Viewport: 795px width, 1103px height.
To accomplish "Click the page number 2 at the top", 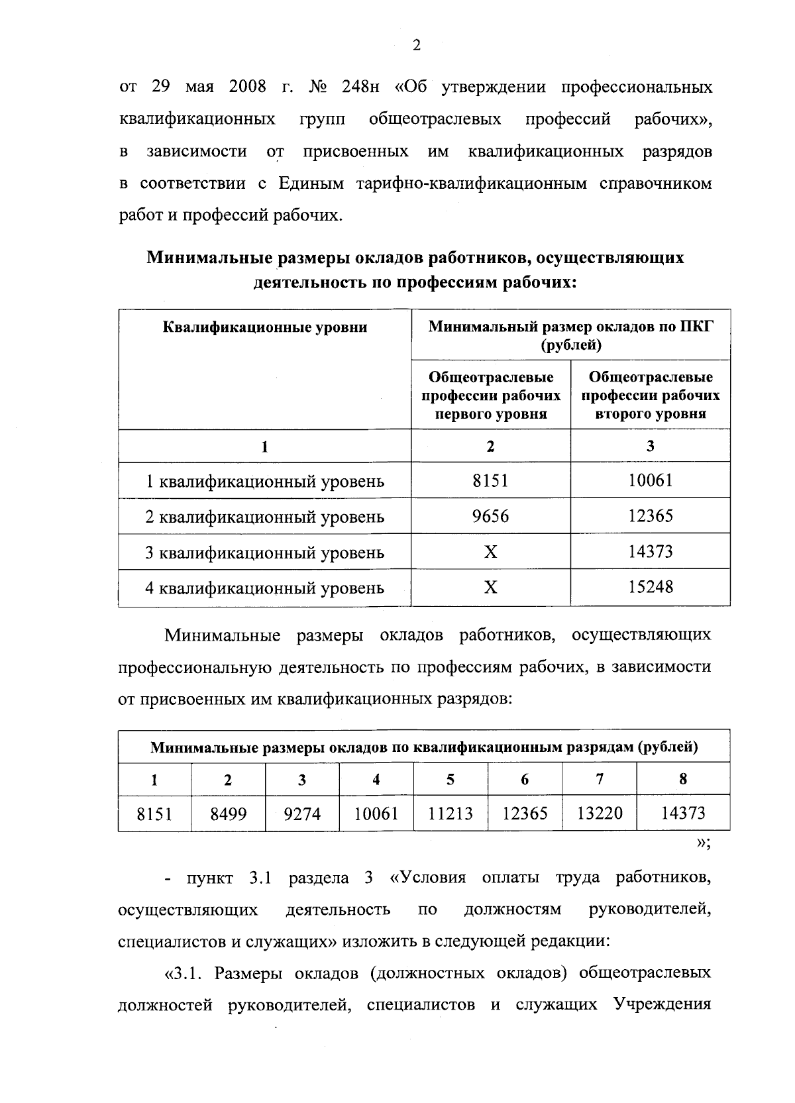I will [417, 46].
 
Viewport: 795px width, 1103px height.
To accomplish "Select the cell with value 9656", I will [490, 516].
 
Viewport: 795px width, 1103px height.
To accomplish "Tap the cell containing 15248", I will [650, 587].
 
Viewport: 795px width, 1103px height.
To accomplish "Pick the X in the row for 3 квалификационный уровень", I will [490, 552].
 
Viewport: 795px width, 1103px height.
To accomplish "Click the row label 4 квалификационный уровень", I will [264, 588].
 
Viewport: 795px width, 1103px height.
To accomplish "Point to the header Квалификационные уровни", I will [264, 327].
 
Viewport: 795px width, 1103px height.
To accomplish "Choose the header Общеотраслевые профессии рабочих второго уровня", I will [650, 395].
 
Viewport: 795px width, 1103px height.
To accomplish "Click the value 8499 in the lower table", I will [228, 814].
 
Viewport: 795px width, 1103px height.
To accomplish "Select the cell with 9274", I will [302, 814].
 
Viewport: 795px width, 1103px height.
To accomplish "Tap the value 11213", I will [450, 814].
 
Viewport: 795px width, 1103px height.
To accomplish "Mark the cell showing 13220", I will [600, 814].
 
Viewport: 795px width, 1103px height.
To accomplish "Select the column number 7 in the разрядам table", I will [600, 779].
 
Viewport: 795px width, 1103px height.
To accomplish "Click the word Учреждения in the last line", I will [662, 1005].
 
